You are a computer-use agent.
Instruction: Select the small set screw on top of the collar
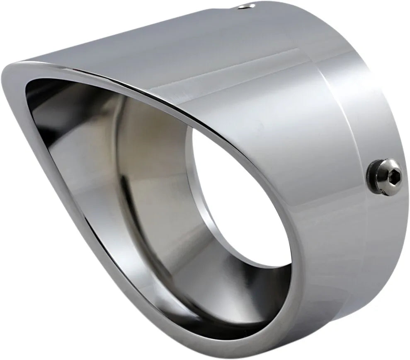[250, 6]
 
